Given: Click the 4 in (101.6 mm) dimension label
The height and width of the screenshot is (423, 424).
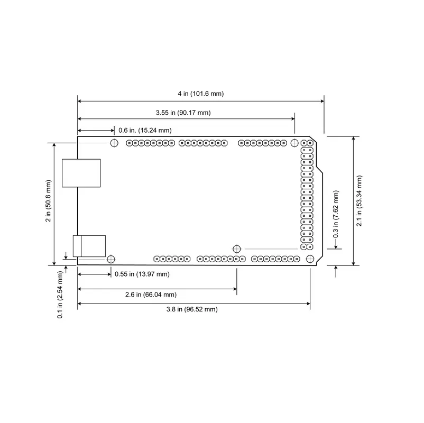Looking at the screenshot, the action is pyautogui.click(x=201, y=94).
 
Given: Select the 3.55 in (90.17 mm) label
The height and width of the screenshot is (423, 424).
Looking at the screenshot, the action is pyautogui.click(x=183, y=113).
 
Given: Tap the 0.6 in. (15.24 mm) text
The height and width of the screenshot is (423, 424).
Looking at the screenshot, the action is pyautogui.click(x=145, y=131).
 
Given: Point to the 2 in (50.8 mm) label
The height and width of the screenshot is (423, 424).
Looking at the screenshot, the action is pyautogui.click(x=48, y=201).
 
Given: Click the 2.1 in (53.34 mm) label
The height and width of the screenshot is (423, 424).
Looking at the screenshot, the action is pyautogui.click(x=359, y=201).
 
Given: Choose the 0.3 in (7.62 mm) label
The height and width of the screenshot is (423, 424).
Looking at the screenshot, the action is pyautogui.click(x=336, y=214).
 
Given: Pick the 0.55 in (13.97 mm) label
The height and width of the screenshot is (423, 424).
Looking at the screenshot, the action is pyautogui.click(x=142, y=274).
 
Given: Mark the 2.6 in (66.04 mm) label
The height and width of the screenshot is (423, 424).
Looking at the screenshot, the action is pyautogui.click(x=151, y=295).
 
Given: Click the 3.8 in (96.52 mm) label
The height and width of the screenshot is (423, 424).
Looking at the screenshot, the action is pyautogui.click(x=192, y=309).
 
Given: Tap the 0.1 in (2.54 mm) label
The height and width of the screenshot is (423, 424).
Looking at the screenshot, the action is pyautogui.click(x=60, y=295).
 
